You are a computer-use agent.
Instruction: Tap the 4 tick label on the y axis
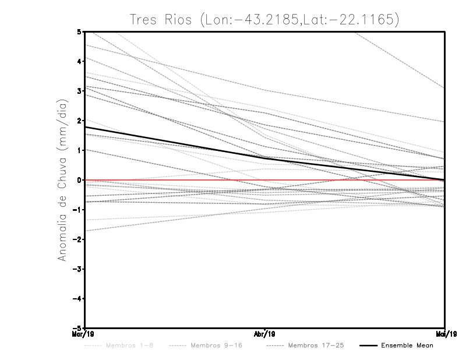[80, 61]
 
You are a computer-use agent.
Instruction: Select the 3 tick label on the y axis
[80, 90]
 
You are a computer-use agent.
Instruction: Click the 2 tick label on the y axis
[80, 120]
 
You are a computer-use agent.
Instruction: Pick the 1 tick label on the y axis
[80, 150]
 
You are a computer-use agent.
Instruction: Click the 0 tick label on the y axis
[80, 179]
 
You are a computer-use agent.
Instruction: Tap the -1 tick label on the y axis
[78, 209]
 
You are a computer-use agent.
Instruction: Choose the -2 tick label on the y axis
[78, 239]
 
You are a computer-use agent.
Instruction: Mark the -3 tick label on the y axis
[78, 269]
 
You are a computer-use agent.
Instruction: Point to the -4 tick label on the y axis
[78, 298]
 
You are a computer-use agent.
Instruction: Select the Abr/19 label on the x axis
[265, 334]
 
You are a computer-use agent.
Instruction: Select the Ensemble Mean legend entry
[407, 345]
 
